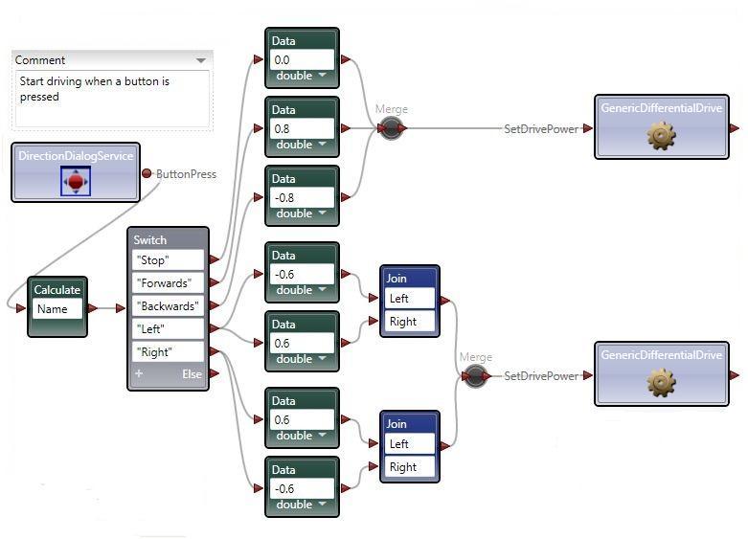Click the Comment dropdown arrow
pos(200,60)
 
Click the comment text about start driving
pos(94,89)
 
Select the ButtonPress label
pos(186,174)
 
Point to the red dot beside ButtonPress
pos(147,173)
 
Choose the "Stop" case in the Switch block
pos(168,260)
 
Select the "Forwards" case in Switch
pos(168,283)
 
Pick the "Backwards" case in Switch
pos(168,306)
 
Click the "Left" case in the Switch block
pos(168,329)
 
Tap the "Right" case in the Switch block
pos(168,352)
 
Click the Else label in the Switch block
pos(193,374)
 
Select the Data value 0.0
pos(301,59)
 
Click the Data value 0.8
pos(301,128)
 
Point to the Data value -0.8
pos(301,197)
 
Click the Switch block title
pos(150,239)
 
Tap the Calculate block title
pos(57,289)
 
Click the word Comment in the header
pos(40,60)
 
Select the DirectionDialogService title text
pos(76,155)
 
